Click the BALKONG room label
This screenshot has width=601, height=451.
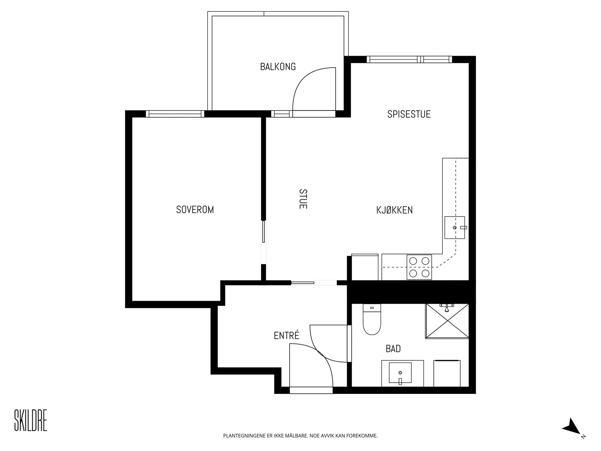pyautogui.click(x=278, y=67)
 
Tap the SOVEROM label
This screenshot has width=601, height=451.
pyautogui.click(x=195, y=209)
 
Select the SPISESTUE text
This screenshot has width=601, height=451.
pyautogui.click(x=409, y=114)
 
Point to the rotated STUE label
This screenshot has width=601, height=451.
pyautogui.click(x=303, y=199)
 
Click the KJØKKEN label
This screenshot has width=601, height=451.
pyautogui.click(x=394, y=210)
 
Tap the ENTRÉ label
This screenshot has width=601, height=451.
pyautogui.click(x=286, y=335)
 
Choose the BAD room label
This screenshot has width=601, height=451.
pyautogui.click(x=393, y=349)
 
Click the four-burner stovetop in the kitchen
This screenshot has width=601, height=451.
pyautogui.click(x=419, y=267)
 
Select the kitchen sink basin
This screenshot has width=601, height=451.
pyautogui.click(x=455, y=227)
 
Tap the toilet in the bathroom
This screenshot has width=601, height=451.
pyautogui.click(x=371, y=319)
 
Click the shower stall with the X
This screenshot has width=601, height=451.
pyautogui.click(x=447, y=321)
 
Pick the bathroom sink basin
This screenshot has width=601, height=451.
pyautogui.click(x=400, y=373)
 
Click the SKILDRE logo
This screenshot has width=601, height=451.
pyautogui.click(x=31, y=420)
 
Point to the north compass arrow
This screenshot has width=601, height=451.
pyautogui.click(x=572, y=427)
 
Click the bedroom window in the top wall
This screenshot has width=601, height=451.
pyautogui.click(x=175, y=114)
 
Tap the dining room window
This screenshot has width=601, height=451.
pyautogui.click(x=409, y=59)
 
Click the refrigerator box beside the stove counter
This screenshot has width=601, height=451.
pyautogui.click(x=365, y=267)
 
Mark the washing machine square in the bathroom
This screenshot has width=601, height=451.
pyautogui.click(x=447, y=374)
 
